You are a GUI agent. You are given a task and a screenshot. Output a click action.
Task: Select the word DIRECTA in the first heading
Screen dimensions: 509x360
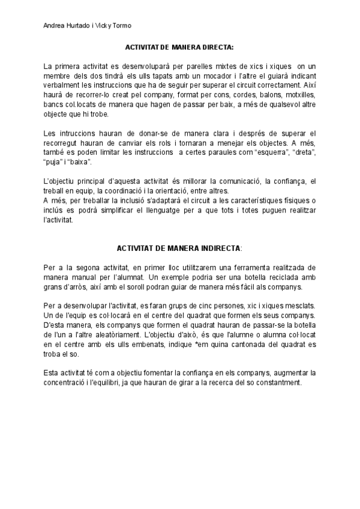coord(211,46)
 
